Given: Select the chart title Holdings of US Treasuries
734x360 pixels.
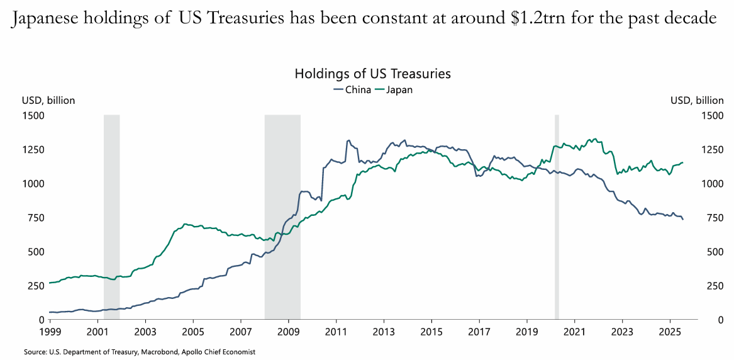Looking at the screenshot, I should point(372,74).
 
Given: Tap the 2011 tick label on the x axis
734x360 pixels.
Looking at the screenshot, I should point(336,330).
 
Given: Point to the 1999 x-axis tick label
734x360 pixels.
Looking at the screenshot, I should point(50,330).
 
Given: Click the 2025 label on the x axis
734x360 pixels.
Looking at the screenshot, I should point(670,330).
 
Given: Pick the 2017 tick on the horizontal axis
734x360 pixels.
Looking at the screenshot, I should point(479,330).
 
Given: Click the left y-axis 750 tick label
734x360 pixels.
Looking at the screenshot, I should point(35,218).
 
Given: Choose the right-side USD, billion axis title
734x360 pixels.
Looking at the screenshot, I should point(697,100).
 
